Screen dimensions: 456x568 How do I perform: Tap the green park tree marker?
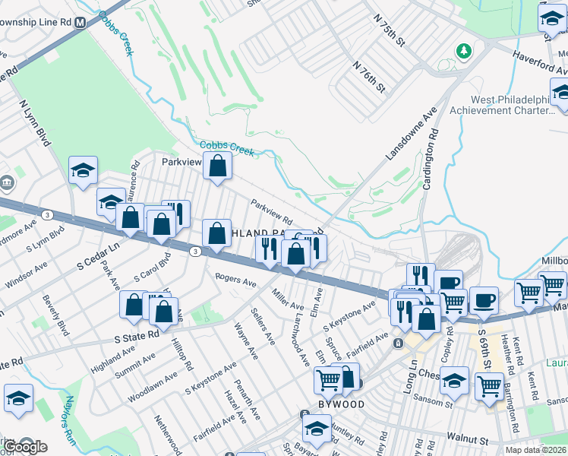pos(462,51)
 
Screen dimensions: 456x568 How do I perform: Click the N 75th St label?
pos(391,27)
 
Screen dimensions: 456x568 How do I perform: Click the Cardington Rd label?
pos(430,160)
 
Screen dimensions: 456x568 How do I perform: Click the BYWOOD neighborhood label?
pos(342,404)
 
